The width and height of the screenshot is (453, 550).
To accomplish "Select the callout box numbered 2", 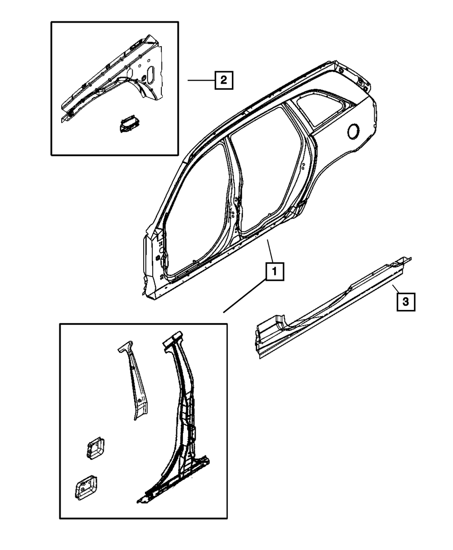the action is pyautogui.click(x=224, y=81).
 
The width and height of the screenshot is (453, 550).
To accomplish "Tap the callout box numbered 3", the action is pyautogui.click(x=406, y=301).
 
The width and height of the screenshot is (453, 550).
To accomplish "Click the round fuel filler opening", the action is pyautogui.click(x=353, y=130).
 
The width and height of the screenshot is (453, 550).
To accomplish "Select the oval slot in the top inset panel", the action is pyautogui.click(x=151, y=75).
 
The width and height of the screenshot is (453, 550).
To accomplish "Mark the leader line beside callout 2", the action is pyautogui.click(x=201, y=81).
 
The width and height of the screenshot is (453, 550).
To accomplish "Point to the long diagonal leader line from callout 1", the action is pyautogui.click(x=245, y=297).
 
